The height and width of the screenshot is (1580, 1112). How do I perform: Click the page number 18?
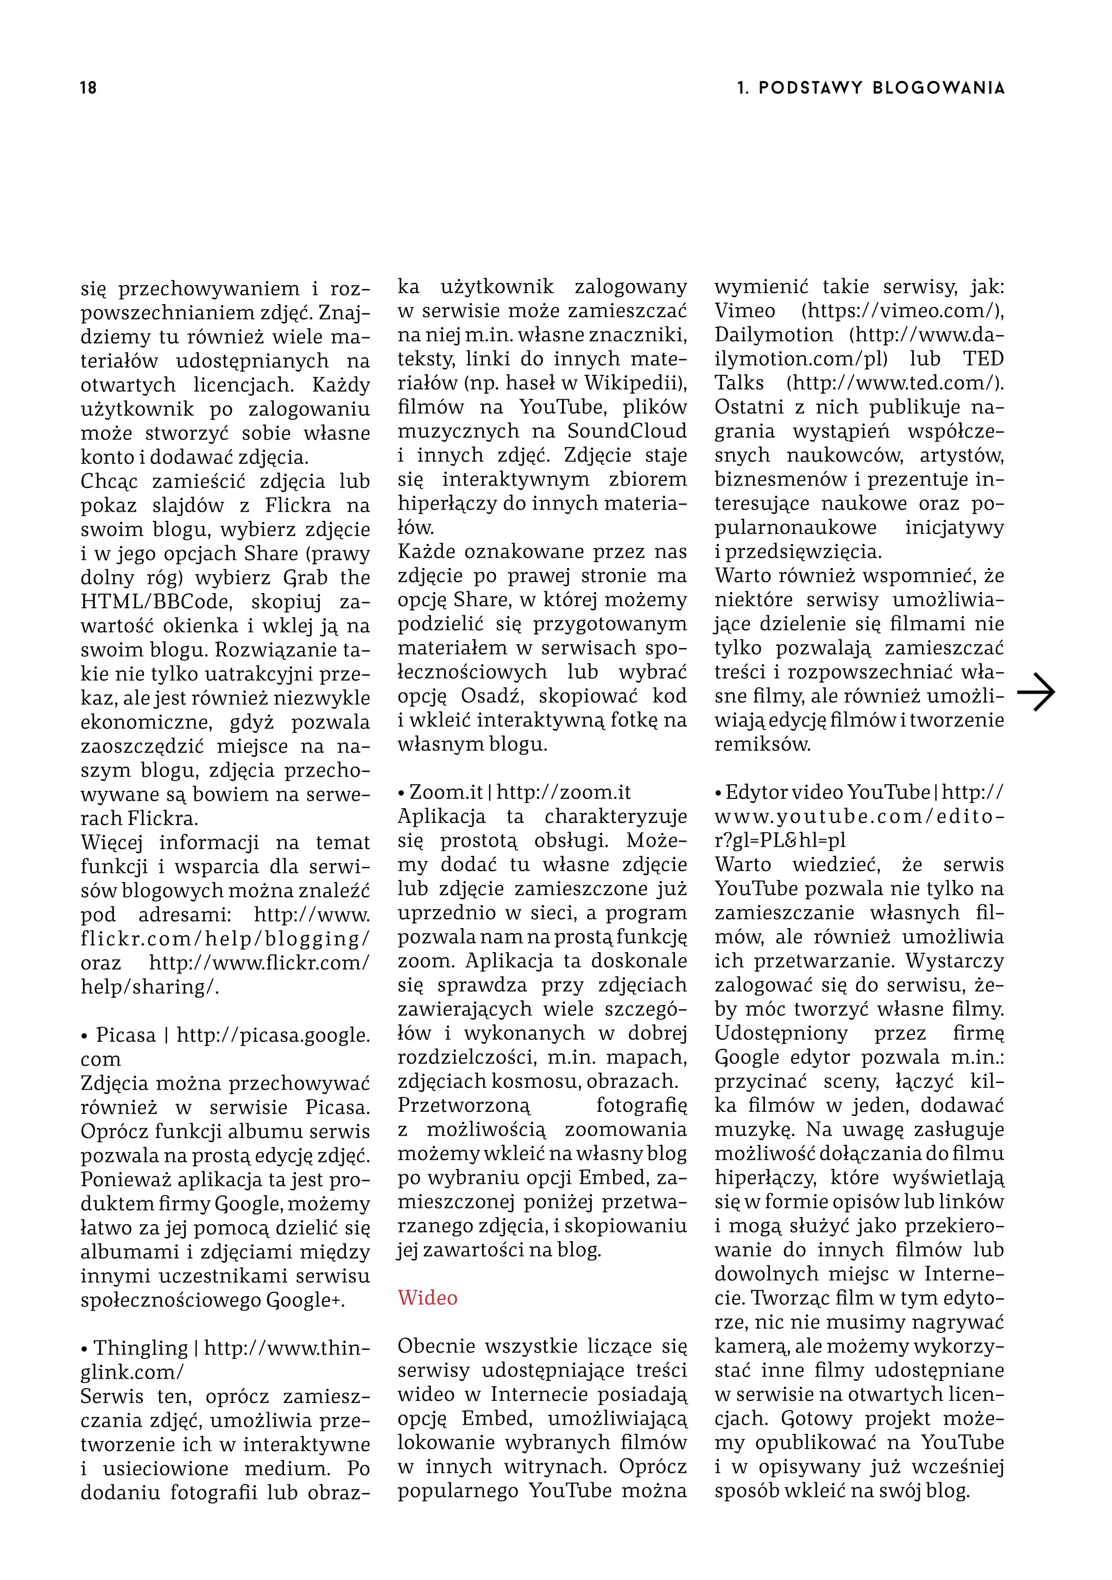[88, 88]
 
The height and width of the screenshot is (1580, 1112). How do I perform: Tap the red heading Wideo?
[427, 1299]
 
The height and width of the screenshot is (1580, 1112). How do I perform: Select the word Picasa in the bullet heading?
[126, 1035]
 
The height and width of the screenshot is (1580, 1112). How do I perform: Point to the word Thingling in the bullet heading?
[141, 1348]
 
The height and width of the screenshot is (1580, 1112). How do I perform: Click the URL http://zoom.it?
[564, 793]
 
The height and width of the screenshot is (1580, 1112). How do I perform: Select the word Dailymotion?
[773, 335]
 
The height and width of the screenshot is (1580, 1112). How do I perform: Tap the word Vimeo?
[744, 311]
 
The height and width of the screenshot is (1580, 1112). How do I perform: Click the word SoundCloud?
[627, 431]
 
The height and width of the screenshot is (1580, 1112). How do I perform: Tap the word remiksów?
[762, 745]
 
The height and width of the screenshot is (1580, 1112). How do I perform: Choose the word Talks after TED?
[739, 383]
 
